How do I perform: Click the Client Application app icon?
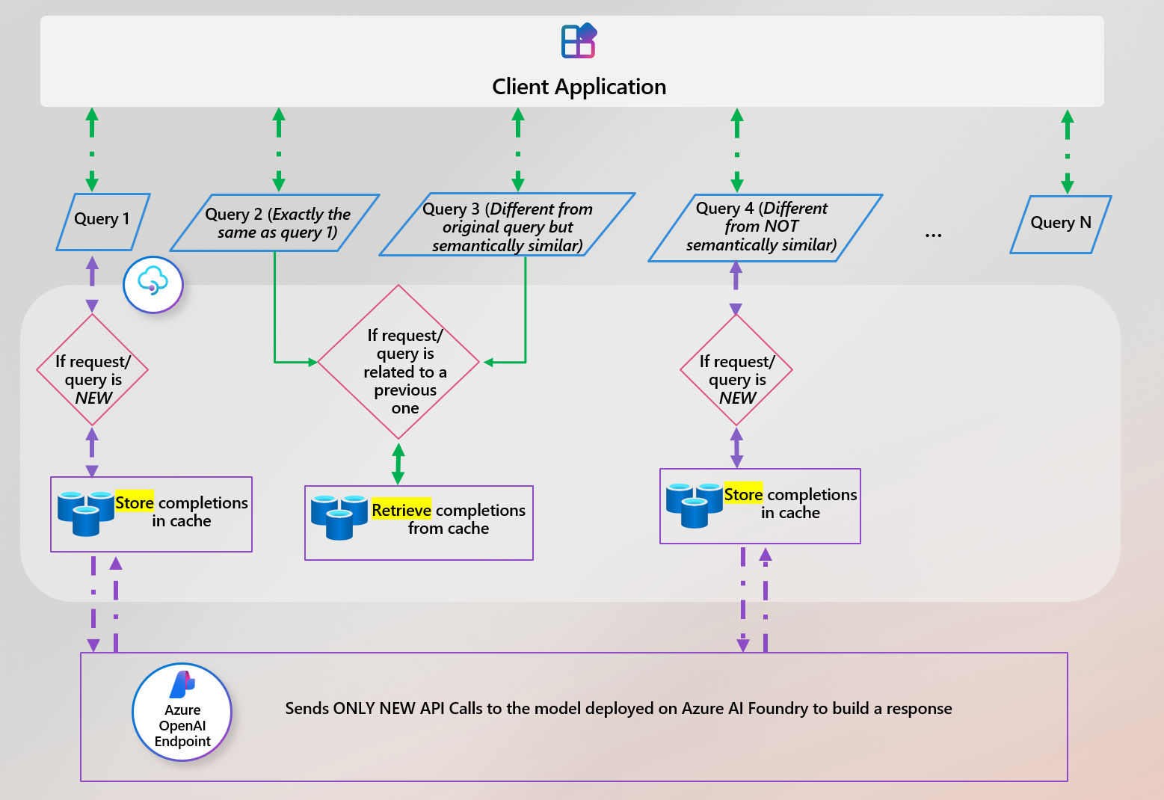pyautogui.click(x=579, y=41)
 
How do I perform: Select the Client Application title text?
pyautogui.click(x=579, y=87)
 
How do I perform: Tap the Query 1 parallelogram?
pyautogui.click(x=103, y=221)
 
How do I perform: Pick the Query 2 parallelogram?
pyautogui.click(x=275, y=223)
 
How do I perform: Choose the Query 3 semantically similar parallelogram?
pyautogui.click(x=507, y=226)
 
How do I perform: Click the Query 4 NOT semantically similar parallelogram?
pyautogui.click(x=764, y=227)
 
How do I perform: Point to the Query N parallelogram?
pyautogui.click(x=1060, y=224)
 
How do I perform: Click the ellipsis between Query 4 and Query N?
pyautogui.click(x=933, y=236)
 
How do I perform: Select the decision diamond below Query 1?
pyautogui.click(x=93, y=370)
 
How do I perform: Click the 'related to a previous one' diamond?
pyautogui.click(x=399, y=363)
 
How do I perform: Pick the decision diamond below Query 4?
pyautogui.click(x=736, y=370)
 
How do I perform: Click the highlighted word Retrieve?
pyautogui.click(x=401, y=510)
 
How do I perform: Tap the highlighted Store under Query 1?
pyautogui.click(x=135, y=502)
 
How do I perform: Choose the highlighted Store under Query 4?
pyautogui.click(x=743, y=494)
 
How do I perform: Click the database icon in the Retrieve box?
pyautogui.click(x=339, y=516)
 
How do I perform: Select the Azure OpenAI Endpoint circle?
pyautogui.click(x=182, y=713)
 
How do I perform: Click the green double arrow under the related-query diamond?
pyautogui.click(x=398, y=464)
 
